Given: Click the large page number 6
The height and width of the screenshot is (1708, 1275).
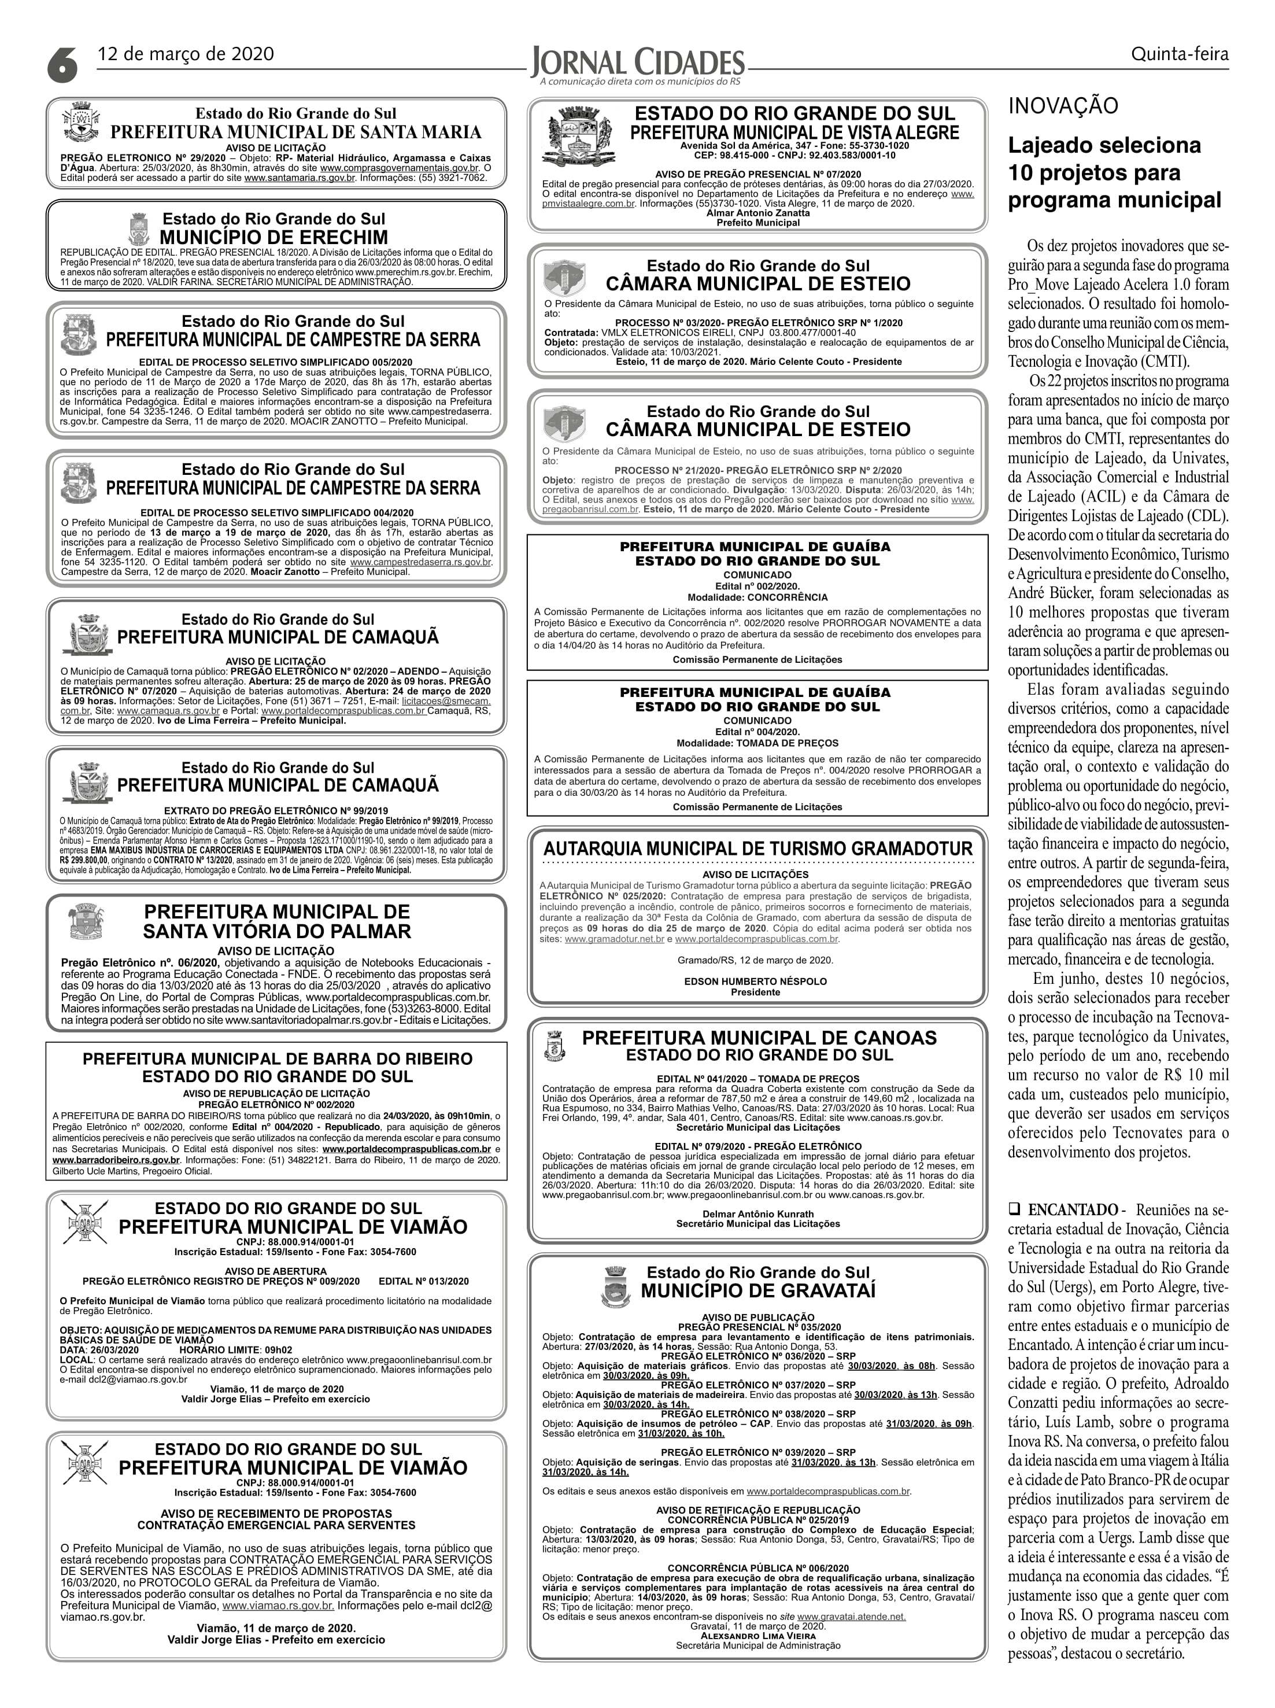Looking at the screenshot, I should coord(62,62).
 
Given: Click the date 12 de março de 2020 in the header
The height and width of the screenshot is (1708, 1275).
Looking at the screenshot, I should coord(185,54).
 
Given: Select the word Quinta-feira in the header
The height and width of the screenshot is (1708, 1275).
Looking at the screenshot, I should coord(1179,54).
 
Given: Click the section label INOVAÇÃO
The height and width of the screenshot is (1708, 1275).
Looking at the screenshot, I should coord(1063,106).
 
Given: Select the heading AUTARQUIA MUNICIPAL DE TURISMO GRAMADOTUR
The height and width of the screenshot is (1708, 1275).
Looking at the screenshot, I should coord(758,848).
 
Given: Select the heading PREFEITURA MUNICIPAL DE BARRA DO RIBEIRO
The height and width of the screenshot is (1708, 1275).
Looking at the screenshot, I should coord(277,1058).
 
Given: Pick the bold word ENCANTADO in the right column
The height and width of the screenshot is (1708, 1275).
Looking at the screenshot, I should coord(1073,1209).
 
